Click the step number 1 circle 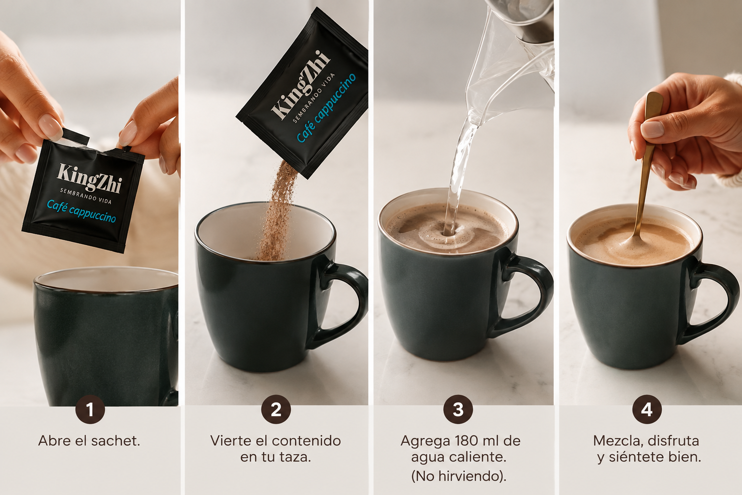90,409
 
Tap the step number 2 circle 276,409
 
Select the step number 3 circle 458,409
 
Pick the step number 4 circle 647,409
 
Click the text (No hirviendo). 458,476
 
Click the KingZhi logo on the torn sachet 89,178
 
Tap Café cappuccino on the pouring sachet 326,108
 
